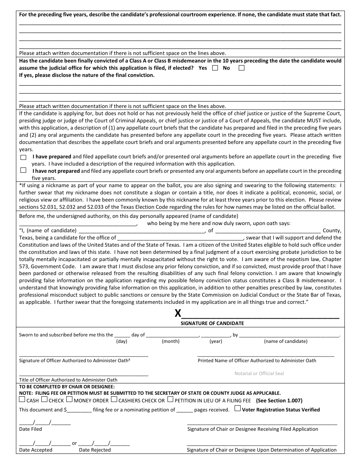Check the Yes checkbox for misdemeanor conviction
tap(215, 68)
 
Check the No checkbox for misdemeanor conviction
tap(241, 68)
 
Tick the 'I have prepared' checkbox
tap(23, 157)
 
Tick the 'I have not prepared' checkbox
tap(23, 170)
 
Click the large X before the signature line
tap(178, 314)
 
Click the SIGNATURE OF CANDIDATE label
tap(212, 324)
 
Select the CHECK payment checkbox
tap(44, 399)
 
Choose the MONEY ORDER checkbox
tap(69, 399)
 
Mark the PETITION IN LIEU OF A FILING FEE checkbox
tap(171, 399)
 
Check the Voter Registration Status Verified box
tap(237, 408)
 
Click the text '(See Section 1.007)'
tap(279, 400)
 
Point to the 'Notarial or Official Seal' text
tap(259, 374)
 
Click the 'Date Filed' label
tap(31, 429)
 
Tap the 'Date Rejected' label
tap(95, 450)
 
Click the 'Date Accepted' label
tap(36, 450)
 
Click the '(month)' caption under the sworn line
tap(171, 341)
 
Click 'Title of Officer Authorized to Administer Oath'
tap(68, 380)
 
